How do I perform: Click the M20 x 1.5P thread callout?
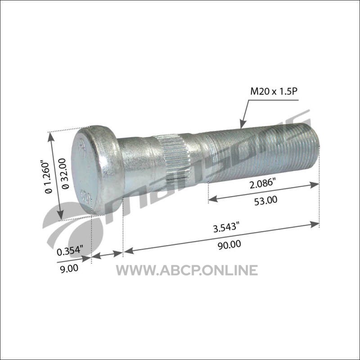click(274, 92)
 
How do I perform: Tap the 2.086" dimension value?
click(262, 184)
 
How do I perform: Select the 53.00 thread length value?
click(265, 200)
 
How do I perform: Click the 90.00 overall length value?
click(229, 245)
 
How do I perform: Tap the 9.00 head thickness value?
click(69, 268)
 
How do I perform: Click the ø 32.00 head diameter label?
click(65, 174)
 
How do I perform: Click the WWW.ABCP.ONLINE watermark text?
click(187, 270)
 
